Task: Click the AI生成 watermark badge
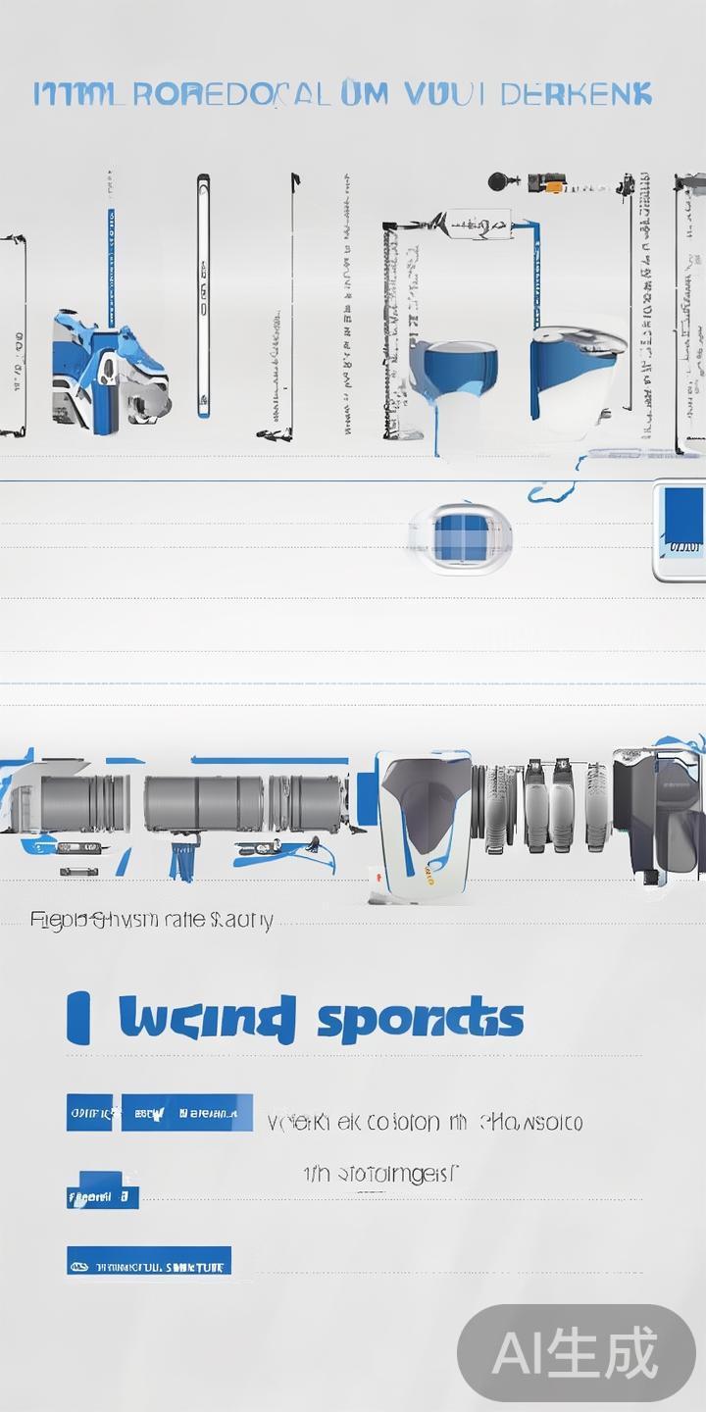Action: pyautogui.click(x=577, y=1354)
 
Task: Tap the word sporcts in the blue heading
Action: pyautogui.click(x=420, y=1019)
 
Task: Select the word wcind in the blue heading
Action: pyautogui.click(x=206, y=1018)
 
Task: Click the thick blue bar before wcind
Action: pyautogui.click(x=77, y=1018)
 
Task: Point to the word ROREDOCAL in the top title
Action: pyautogui.click(x=229, y=94)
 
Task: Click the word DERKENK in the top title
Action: pyautogui.click(x=576, y=94)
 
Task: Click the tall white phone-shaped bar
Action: pyautogui.click(x=203, y=294)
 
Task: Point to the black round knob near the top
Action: pyautogui.click(x=500, y=181)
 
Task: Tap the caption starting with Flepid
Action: pyautogui.click(x=151, y=920)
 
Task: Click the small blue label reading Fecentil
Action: pyautogui.click(x=102, y=1196)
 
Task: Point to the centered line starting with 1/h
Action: pyautogui.click(x=380, y=1173)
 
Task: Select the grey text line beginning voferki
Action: pyautogui.click(x=425, y=1122)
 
